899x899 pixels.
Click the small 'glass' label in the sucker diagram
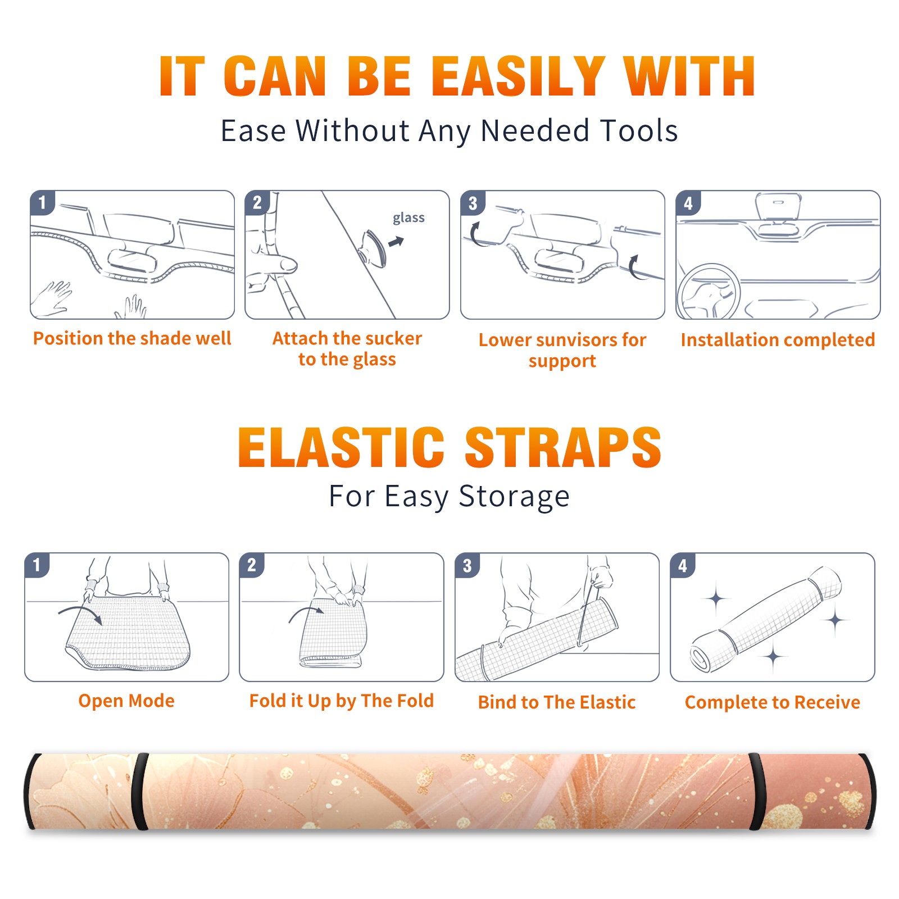pos(408,218)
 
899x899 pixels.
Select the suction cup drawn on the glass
pos(374,248)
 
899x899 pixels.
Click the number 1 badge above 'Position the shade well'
pos(42,202)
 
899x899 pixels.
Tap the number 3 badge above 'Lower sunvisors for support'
pos(473,202)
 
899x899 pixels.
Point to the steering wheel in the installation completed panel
pos(708,292)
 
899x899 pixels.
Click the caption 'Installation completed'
pos(778,340)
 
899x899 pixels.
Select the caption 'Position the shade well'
pos(132,338)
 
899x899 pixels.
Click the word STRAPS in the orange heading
pos(563,447)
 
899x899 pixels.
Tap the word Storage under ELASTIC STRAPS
pos(514,497)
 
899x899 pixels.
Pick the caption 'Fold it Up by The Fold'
pos(342,701)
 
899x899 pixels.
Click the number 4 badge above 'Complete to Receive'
pos(683,565)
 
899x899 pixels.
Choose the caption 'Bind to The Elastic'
pos(557,702)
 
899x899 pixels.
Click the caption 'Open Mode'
pos(126,701)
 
